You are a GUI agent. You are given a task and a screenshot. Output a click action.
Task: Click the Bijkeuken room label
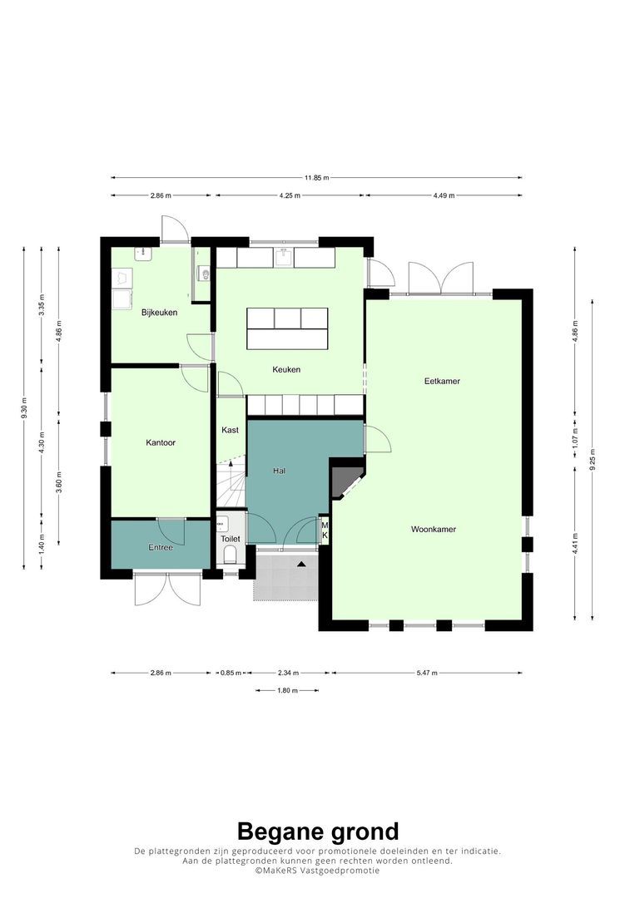point(159,313)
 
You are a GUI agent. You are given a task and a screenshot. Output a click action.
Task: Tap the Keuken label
point(286,369)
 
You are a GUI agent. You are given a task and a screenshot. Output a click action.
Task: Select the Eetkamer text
point(442,381)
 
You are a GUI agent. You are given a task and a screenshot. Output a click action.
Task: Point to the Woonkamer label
point(434,529)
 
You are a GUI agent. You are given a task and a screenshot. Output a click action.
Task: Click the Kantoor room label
point(161,442)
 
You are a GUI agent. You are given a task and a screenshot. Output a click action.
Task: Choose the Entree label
point(161,547)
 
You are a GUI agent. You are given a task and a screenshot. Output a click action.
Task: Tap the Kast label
point(230,430)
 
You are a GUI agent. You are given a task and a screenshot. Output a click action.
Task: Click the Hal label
point(279,471)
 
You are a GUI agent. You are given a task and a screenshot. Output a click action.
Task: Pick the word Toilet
point(231,539)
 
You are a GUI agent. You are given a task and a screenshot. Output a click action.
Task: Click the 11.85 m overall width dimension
point(316,178)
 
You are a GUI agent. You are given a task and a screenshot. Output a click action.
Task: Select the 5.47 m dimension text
point(427,673)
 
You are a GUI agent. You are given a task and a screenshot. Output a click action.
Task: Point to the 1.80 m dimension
point(287,691)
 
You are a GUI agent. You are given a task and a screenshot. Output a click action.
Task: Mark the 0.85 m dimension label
point(231,673)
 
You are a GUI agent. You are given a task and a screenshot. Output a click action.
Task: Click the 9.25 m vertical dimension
point(593,459)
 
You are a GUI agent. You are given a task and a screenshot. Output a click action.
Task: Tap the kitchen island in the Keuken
point(287,328)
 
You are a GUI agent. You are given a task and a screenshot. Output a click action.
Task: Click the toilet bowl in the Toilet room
point(230,554)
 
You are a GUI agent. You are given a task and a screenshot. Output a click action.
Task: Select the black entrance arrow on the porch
point(301,564)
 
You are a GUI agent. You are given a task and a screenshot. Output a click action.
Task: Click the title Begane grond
point(318,831)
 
